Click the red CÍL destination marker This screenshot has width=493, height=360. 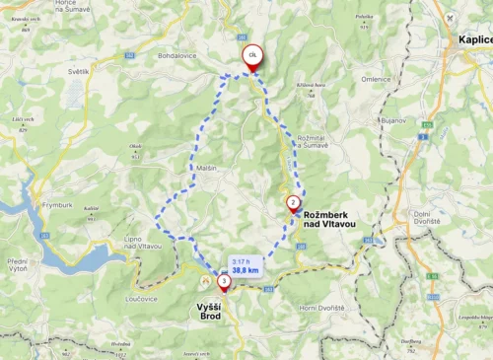[x=252, y=56]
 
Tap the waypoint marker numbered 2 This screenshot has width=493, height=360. [x=293, y=203]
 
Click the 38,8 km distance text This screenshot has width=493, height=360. [x=246, y=269]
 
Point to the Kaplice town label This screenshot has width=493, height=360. [x=474, y=38]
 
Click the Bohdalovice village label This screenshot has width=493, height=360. [x=177, y=55]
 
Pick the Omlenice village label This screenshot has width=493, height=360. [x=377, y=79]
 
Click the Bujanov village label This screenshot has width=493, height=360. [x=394, y=119]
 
